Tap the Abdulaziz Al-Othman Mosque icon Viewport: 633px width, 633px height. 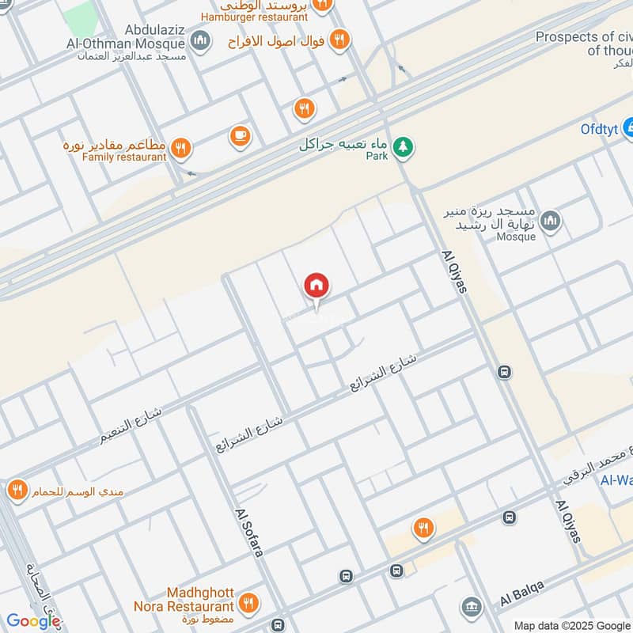[x=201, y=40]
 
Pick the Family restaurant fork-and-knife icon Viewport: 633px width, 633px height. [x=182, y=147]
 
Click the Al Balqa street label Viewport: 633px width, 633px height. [x=521, y=593]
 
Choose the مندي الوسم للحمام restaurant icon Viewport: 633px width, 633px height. [x=17, y=491]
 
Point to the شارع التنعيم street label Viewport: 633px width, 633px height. [x=131, y=426]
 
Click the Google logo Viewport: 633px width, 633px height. [x=33, y=621]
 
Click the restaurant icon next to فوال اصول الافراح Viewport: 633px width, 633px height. [x=340, y=39]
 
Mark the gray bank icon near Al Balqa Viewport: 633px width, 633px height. [x=472, y=607]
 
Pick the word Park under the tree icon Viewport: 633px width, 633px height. [x=377, y=156]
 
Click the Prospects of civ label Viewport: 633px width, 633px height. [x=583, y=37]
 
